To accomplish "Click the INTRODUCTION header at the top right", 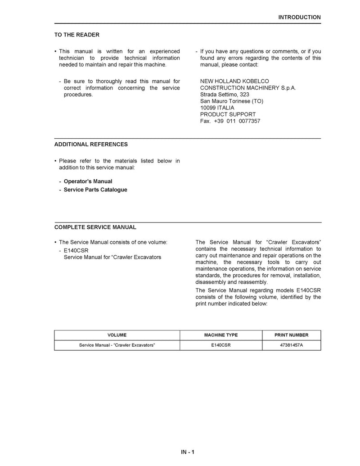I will [299, 17].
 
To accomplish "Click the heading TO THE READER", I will [77, 35].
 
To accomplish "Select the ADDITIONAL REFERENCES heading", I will [91, 145].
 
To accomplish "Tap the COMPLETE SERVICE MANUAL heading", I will [95, 227].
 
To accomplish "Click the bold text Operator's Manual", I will [88, 181].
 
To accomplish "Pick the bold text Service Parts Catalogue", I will [95, 190].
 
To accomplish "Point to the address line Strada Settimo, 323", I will [225, 95].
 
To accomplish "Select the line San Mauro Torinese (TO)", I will [232, 101].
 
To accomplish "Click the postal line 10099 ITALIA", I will [217, 108].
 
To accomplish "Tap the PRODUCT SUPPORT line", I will [228, 114].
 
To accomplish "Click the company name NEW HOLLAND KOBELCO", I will [234, 81].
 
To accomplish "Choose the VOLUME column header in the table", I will [117, 335].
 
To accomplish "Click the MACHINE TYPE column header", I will [221, 335].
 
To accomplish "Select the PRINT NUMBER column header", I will [292, 335].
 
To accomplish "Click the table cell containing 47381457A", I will [292, 345].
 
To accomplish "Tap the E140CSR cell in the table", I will [221, 345].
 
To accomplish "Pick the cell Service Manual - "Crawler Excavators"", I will [117, 345].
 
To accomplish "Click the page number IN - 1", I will [188, 452].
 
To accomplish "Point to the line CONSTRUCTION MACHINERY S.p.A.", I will [248, 88].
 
